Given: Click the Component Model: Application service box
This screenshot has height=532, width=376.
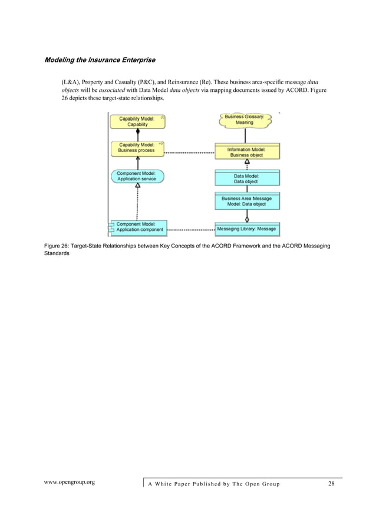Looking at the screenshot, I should click(x=137, y=176).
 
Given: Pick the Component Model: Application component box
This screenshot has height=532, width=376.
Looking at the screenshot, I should click(x=139, y=227).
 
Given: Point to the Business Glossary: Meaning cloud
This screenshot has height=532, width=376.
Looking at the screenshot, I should click(x=244, y=120).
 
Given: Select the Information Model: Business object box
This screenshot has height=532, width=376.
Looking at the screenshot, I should click(x=246, y=152).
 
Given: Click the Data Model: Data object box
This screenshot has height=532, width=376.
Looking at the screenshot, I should click(x=246, y=179).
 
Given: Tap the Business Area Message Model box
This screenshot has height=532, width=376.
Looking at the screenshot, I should click(x=246, y=201).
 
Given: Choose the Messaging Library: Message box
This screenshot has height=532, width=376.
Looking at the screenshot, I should click(x=246, y=229).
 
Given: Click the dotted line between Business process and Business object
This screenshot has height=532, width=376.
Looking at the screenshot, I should click(x=189, y=153).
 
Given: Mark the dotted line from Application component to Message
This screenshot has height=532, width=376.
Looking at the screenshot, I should click(x=190, y=229).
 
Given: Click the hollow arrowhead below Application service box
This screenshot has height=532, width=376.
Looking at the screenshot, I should click(x=137, y=186).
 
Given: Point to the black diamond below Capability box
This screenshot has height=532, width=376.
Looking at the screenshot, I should click(x=137, y=133).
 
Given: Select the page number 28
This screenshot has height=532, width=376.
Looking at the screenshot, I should click(x=331, y=484).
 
